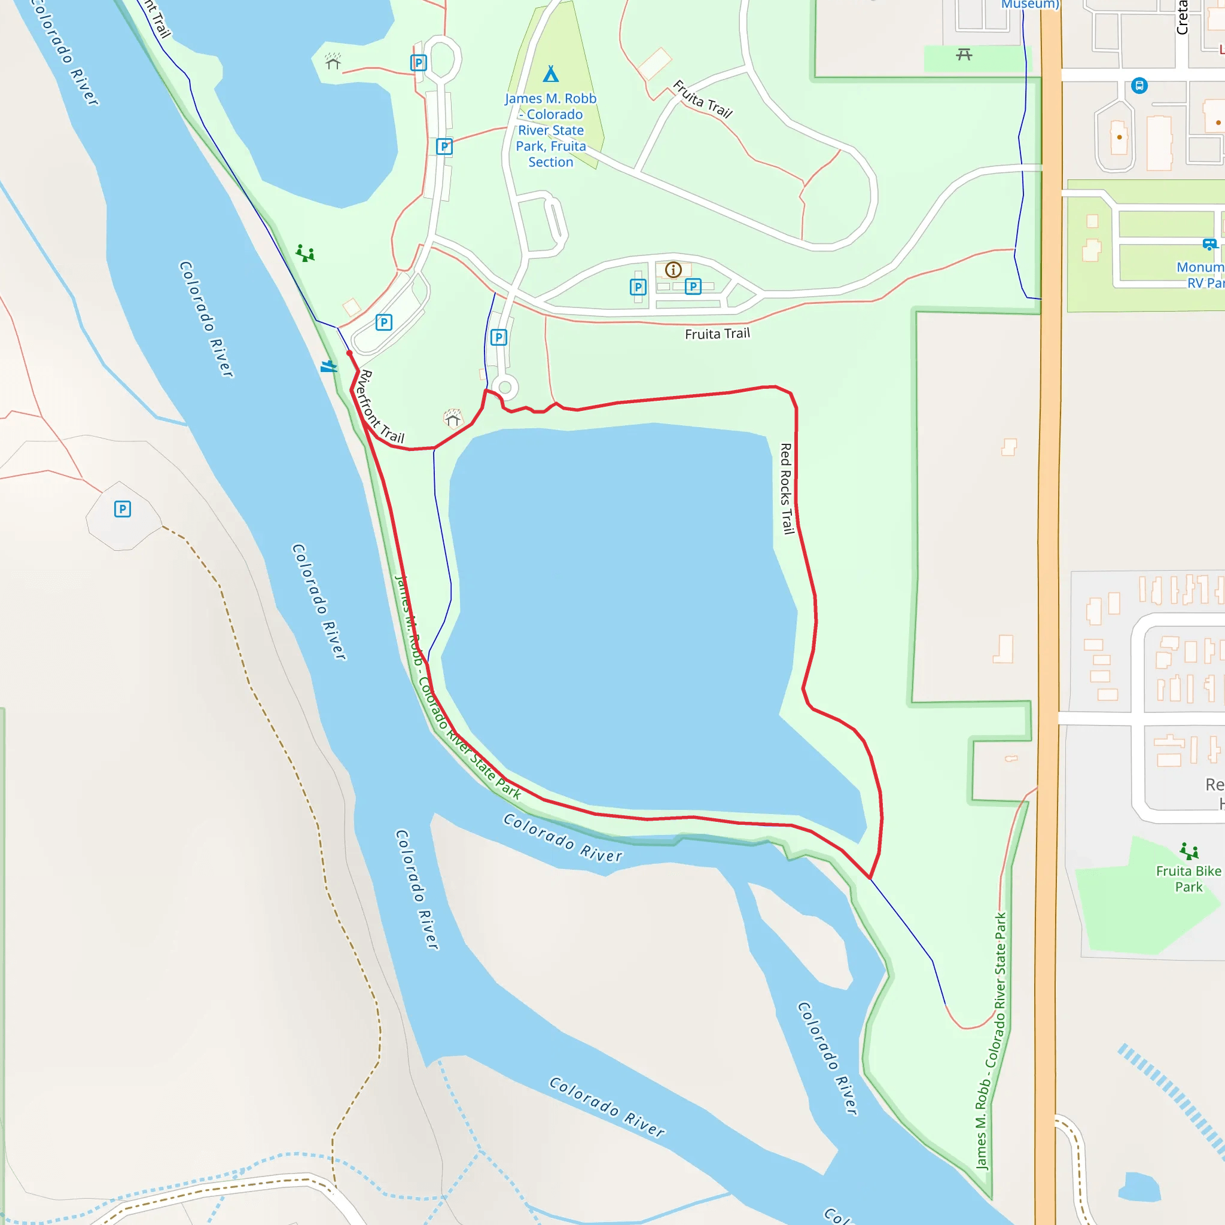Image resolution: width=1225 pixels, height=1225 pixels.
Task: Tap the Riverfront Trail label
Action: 381,406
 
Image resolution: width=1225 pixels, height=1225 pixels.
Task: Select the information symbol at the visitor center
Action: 674,270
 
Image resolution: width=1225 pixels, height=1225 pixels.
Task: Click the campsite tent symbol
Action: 550,74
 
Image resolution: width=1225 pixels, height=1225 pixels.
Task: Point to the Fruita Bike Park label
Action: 1189,879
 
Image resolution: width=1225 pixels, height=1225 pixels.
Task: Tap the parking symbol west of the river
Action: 123,509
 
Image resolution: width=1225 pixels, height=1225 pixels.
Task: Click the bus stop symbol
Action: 1139,85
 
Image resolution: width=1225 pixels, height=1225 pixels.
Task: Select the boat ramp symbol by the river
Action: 328,367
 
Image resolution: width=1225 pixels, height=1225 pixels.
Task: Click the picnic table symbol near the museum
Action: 964,55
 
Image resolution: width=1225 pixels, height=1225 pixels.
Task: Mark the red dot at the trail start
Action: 349,353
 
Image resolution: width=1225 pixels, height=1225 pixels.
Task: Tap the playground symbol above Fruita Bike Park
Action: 1189,851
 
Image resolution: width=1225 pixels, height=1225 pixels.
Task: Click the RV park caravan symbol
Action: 1209,244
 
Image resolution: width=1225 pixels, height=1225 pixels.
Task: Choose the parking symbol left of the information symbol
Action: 638,287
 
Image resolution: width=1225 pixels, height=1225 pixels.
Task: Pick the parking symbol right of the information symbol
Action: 693,287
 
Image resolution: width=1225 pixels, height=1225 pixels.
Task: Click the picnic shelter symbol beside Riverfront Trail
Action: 453,419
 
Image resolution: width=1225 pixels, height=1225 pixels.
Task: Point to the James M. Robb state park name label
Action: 550,130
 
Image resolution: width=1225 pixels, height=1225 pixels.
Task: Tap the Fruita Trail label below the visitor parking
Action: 717,334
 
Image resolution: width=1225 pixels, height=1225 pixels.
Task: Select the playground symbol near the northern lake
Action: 305,254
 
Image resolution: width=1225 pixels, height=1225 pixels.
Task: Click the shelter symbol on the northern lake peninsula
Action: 333,62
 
